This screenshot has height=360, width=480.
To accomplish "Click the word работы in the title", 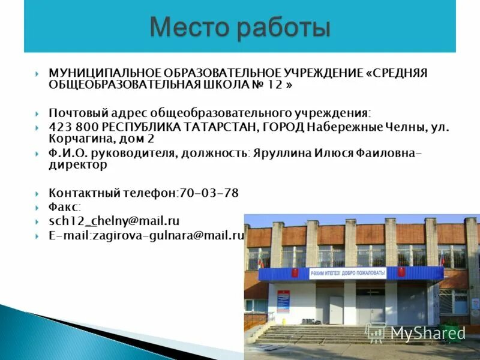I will (x=281, y=27).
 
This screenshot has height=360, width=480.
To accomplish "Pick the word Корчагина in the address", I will (x=76, y=139).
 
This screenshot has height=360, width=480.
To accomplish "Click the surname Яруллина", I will (x=281, y=154).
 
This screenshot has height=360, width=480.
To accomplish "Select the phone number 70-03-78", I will (x=209, y=193).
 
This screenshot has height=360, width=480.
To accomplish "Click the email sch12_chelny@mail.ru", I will (x=114, y=221).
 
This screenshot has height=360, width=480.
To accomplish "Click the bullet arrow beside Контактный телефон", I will (x=38, y=194).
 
